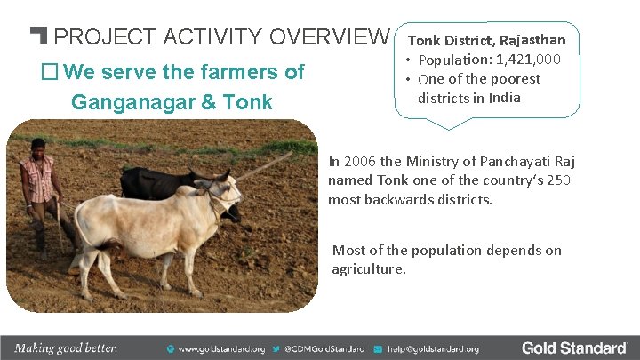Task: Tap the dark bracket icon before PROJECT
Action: pyautogui.click(x=38, y=36)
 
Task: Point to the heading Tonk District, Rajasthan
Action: pyautogui.click(x=486, y=40)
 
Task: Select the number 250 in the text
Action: pyautogui.click(x=559, y=180)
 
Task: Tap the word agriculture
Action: pyautogui.click(x=369, y=268)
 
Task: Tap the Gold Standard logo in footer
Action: pyautogui.click(x=574, y=348)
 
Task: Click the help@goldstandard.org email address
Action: pyautogui.click(x=433, y=349)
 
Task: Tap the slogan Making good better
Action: pyautogui.click(x=66, y=348)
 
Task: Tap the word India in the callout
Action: pyautogui.click(x=503, y=97)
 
